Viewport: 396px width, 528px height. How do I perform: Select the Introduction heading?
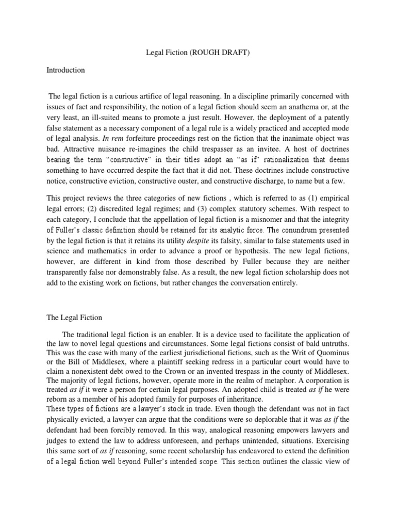point(65,70)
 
